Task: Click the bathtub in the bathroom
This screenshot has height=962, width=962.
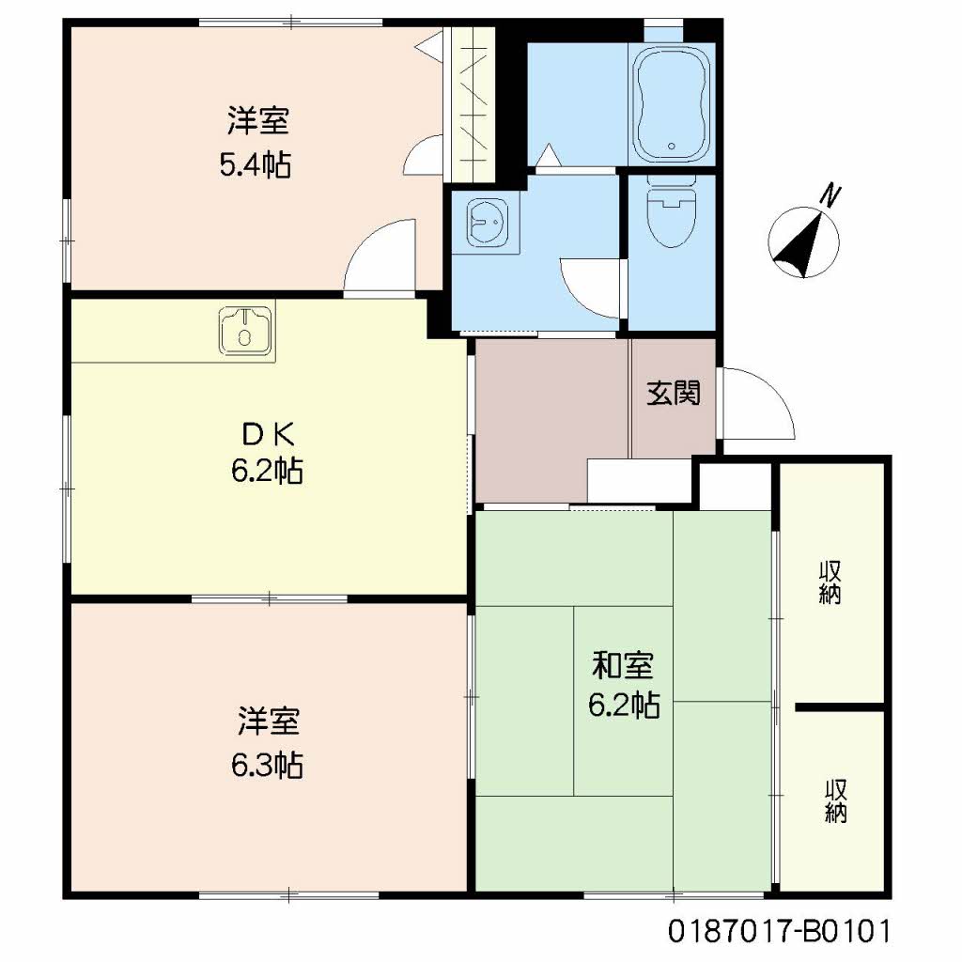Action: tap(671, 103)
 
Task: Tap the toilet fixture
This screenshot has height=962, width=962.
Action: tap(672, 212)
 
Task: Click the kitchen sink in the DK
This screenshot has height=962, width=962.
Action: tap(245, 332)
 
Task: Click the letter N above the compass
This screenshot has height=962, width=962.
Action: tap(830, 194)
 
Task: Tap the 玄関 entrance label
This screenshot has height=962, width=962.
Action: tap(674, 394)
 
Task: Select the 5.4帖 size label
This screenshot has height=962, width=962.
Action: tap(256, 164)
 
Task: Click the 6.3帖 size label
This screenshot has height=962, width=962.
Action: tap(267, 765)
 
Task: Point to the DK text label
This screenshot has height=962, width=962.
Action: tap(269, 435)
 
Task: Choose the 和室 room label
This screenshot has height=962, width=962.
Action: tap(622, 666)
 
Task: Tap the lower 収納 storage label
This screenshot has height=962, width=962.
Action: tap(835, 800)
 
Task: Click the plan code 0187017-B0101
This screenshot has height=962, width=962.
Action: tap(779, 931)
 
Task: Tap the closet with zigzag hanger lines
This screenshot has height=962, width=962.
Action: tap(473, 103)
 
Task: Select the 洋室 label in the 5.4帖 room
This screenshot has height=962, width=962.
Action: tap(257, 120)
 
